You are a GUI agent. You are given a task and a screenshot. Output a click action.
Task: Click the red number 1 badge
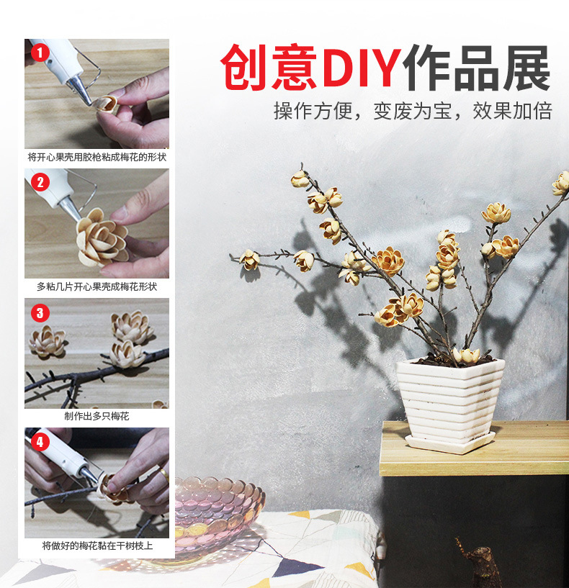tap(40, 52)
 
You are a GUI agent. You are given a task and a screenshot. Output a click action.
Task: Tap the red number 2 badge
tap(40, 182)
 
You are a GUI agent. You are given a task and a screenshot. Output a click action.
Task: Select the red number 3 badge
tap(40, 313)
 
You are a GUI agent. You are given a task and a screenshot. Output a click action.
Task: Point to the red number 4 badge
tap(40, 441)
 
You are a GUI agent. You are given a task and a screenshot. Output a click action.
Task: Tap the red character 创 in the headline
tap(244, 68)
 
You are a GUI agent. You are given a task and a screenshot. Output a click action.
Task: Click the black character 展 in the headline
tap(527, 68)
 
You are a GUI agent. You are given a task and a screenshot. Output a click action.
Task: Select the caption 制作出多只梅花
tap(97, 416)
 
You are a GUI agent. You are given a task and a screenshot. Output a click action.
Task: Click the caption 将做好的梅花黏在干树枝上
tap(97, 546)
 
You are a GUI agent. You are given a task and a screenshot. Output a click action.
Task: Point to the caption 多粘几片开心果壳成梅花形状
tap(97, 286)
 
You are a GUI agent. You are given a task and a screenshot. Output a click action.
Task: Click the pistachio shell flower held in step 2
tap(102, 238)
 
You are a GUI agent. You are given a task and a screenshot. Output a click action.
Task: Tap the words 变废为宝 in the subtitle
tap(413, 111)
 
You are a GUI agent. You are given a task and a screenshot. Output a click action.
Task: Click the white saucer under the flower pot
tap(450, 443)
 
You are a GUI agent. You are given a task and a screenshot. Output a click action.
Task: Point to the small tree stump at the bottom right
tap(478, 564)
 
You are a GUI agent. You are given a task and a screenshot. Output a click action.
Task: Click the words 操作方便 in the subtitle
tap(313, 111)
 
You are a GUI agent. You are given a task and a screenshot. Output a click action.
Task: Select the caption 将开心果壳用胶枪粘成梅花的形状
tap(97, 157)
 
